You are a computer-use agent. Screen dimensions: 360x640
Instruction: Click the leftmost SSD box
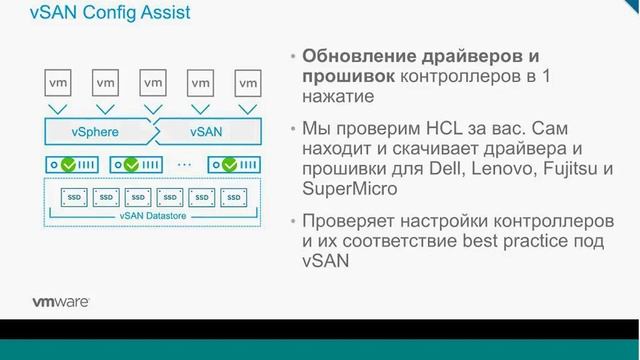click(73, 198)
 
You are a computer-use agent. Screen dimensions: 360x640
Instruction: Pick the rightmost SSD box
click(236, 198)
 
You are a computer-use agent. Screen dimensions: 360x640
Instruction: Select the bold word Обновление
click(362, 55)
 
